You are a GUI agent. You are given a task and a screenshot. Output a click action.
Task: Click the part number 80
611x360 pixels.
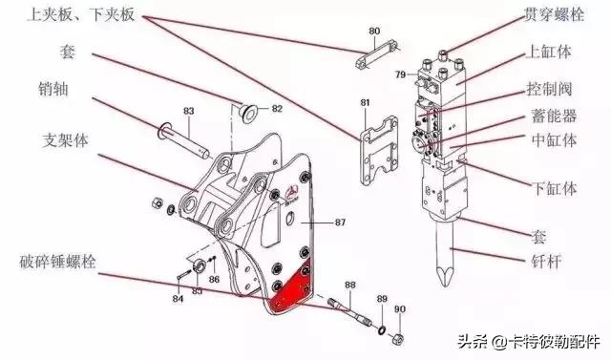374,31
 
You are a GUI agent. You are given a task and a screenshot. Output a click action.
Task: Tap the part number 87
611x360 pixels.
340,222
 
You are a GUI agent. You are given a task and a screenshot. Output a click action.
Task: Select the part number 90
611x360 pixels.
400,309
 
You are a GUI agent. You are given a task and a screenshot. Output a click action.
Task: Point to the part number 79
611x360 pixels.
401,74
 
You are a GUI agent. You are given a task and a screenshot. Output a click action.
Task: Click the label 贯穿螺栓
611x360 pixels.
554,14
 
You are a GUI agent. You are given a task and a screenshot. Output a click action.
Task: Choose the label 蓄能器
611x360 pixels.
554,116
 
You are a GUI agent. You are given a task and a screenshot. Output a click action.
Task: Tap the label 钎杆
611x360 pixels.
545,261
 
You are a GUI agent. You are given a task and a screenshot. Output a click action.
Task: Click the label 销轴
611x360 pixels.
53,89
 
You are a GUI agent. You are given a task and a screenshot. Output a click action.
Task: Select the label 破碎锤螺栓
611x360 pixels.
57,262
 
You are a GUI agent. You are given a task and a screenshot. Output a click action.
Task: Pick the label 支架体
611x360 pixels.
66,140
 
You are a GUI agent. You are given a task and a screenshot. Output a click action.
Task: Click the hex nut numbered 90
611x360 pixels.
398,339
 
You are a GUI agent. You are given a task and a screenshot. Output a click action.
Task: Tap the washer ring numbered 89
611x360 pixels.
381,329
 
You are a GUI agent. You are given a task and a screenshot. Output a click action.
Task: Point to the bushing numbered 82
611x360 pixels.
248,113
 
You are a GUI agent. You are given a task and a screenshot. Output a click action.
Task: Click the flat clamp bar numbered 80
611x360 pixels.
377,54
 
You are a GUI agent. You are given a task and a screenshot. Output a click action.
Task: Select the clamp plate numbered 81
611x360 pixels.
379,150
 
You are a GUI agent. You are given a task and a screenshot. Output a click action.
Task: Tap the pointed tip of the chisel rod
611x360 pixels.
443,285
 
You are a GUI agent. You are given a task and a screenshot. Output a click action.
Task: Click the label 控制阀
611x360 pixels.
550,89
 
